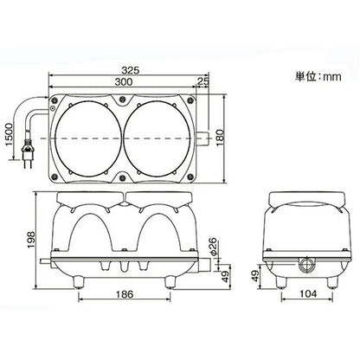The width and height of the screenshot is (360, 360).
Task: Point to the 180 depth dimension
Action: [x=231, y=136]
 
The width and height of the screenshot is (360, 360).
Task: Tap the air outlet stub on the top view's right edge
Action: [x=203, y=136]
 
